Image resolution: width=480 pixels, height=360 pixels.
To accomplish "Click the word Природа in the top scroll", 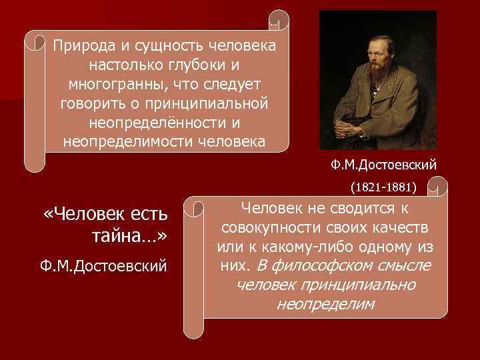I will (x=82, y=47).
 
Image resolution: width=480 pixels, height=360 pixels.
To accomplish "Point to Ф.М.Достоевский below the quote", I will (x=103, y=267).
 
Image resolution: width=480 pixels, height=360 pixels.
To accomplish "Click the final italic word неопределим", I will (x=325, y=304).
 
